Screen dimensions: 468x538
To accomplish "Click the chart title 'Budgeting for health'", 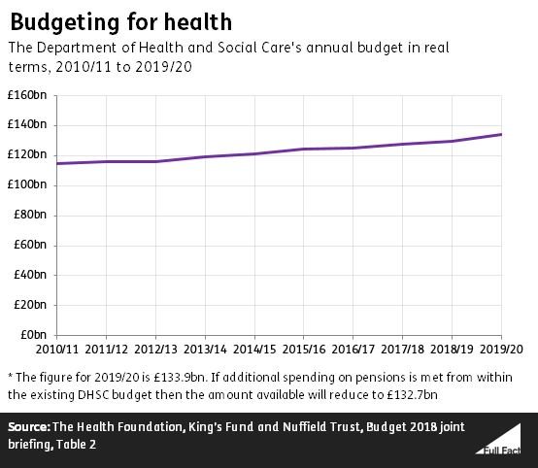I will (x=121, y=19).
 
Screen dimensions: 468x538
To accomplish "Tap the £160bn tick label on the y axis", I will (x=29, y=95).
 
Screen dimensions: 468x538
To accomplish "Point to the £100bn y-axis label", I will (x=29, y=184).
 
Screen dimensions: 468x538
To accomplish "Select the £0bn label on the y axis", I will (x=35, y=335).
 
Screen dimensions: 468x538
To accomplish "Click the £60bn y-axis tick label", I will (x=32, y=245).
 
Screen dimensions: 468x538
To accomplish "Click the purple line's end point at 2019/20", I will (x=501, y=134).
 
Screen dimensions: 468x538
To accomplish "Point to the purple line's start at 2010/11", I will (x=57, y=163).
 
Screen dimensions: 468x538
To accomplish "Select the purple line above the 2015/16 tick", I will (x=304, y=149).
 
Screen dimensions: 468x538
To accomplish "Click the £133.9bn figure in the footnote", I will (x=187, y=376).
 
